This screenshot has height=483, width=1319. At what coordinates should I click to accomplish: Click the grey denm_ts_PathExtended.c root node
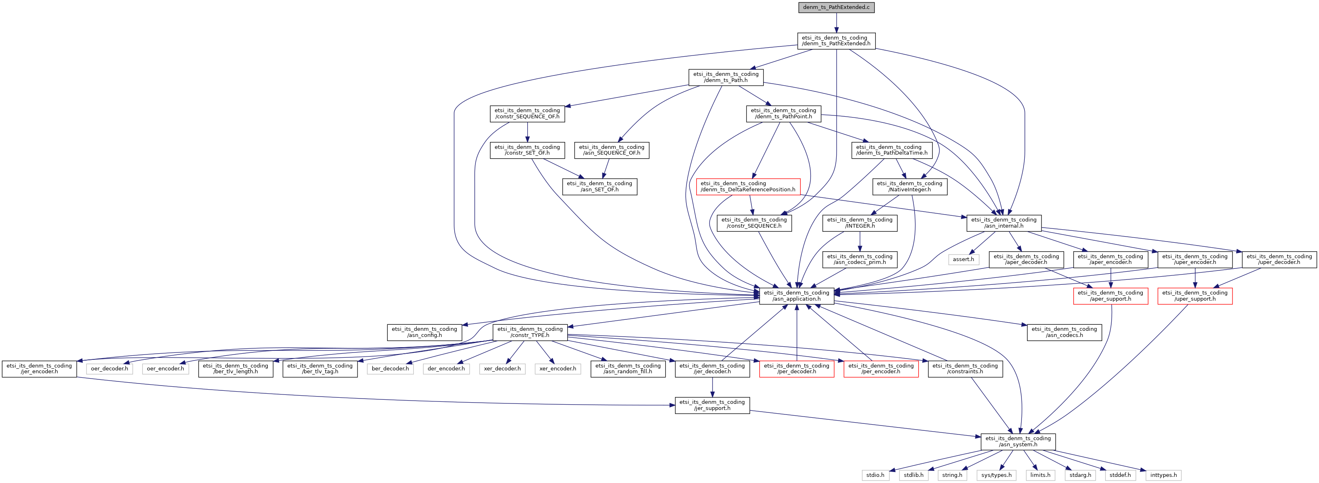836,7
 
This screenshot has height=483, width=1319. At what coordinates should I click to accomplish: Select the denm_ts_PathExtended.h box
836,40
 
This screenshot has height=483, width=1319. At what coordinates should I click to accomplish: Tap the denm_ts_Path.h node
726,77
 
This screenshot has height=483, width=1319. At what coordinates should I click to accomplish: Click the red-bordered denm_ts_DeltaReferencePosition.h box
748,186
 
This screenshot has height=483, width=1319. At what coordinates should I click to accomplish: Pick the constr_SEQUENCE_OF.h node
527,113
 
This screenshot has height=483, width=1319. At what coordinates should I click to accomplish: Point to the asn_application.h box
796,296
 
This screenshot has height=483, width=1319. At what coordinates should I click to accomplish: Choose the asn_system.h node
1017,441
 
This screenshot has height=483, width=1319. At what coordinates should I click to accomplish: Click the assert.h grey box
963,259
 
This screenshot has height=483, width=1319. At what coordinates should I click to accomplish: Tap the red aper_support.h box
1110,296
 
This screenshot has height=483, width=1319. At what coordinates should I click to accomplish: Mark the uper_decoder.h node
1279,259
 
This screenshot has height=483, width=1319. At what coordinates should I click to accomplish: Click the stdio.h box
875,475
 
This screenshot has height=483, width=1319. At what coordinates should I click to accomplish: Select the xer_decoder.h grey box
502,368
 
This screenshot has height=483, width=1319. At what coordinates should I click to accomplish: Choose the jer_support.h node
712,405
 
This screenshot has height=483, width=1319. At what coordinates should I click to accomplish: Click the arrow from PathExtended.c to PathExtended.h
836,23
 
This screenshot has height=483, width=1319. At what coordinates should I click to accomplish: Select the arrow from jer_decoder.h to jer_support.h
712,387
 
